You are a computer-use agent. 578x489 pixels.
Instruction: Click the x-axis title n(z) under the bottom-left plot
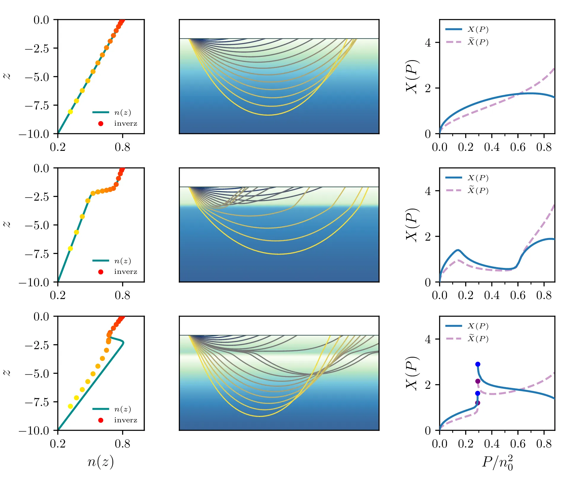[x=100, y=462]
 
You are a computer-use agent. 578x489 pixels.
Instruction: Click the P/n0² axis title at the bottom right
[x=497, y=463]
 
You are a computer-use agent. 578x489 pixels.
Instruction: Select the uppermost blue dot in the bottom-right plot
[x=478, y=364]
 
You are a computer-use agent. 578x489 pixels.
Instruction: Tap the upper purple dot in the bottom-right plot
[x=478, y=381]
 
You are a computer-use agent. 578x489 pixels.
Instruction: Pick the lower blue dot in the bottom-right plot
[x=478, y=393]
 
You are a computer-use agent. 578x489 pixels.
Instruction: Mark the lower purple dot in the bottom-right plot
[x=478, y=403]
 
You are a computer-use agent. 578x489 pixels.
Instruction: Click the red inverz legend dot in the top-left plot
[x=100, y=124]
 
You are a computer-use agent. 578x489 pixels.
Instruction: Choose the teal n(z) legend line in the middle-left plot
[x=101, y=261]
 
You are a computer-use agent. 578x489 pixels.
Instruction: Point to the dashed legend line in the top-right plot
[x=454, y=42]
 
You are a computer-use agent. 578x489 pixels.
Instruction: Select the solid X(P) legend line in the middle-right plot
[x=454, y=178]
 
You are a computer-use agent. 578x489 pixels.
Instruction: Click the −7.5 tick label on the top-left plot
[x=37, y=106]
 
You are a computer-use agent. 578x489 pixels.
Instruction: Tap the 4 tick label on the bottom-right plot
[x=428, y=339]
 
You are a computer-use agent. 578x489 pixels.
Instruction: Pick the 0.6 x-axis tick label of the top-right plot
[x=518, y=147]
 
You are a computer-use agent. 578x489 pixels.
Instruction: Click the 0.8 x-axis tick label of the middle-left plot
[x=122, y=295]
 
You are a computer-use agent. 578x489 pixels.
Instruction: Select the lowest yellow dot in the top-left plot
[x=70, y=112]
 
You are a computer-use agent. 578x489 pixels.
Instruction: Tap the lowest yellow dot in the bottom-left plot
[x=70, y=406]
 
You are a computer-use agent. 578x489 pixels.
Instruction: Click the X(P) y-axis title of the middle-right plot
[x=412, y=225]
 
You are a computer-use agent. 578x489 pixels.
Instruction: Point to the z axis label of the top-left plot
[x=7, y=76]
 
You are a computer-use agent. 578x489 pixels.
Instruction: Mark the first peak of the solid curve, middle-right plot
[x=458, y=250]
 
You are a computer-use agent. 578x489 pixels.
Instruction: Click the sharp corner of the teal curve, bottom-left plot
[x=123, y=343]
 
